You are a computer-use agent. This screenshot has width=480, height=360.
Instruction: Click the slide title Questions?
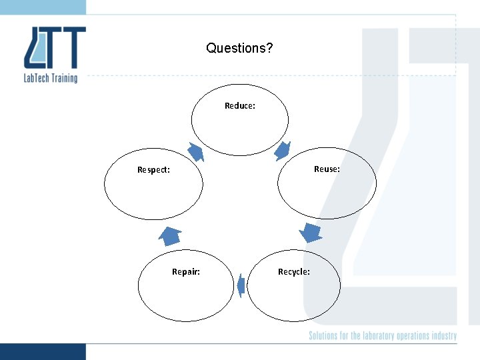pyautogui.click(x=239, y=48)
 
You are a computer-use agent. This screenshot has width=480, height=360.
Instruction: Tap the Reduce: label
pyautogui.click(x=240, y=105)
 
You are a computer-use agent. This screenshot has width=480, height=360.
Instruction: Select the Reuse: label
pyautogui.click(x=327, y=169)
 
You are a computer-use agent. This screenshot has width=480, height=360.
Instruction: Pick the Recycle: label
pyautogui.click(x=293, y=272)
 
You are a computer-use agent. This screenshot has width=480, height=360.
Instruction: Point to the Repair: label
pyautogui.click(x=186, y=272)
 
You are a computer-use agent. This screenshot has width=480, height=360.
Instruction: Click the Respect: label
pyautogui.click(x=153, y=170)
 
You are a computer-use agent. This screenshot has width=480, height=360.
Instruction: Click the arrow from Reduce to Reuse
pyautogui.click(x=283, y=151)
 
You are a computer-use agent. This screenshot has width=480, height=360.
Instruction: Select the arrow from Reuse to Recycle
pyautogui.click(x=310, y=233)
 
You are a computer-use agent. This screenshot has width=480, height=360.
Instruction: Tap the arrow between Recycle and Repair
pyautogui.click(x=241, y=285)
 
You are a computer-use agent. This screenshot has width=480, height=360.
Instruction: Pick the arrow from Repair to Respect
pyautogui.click(x=170, y=235)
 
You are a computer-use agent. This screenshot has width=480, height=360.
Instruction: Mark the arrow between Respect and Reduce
pyautogui.click(x=195, y=152)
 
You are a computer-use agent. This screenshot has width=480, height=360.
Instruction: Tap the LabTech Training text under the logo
pyautogui.click(x=51, y=78)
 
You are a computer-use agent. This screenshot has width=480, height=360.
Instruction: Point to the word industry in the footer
pyautogui.click(x=444, y=336)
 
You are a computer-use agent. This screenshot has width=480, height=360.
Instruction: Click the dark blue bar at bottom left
pyautogui.click(x=43, y=351)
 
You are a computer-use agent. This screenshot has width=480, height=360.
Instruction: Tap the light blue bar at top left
pyautogui.click(x=43, y=7)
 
